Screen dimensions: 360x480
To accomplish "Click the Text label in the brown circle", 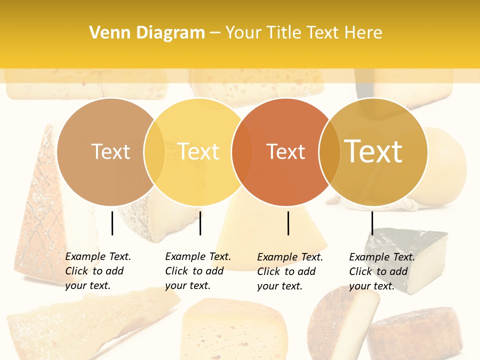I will tap(110, 151).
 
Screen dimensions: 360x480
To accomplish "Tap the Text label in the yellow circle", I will tap(198, 151).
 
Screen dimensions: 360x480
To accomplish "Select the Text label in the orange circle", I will tap(285, 151).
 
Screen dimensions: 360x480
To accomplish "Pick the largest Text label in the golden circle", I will tap(373, 151).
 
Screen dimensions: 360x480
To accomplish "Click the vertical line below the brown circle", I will tap(112, 223).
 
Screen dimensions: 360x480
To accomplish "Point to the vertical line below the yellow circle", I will tap(200, 223).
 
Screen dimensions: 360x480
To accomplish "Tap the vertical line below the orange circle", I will tap(288, 223).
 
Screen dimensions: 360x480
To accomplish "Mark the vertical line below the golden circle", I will tap(372, 223).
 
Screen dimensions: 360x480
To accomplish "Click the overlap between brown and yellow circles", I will tap(154, 151).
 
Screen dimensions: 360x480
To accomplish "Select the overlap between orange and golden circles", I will tap(329, 151).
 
